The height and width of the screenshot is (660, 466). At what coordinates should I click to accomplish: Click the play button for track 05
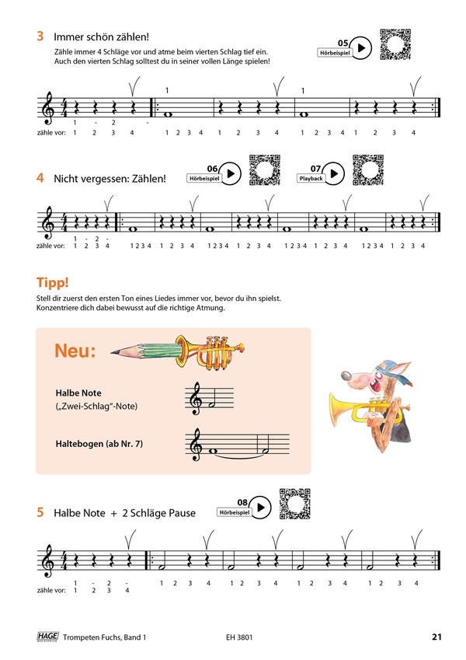(x=361, y=48)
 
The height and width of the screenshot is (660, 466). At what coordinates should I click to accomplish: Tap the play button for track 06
(x=231, y=173)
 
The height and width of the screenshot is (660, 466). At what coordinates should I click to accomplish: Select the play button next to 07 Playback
(x=334, y=173)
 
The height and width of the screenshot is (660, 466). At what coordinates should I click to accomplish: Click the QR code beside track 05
(x=395, y=44)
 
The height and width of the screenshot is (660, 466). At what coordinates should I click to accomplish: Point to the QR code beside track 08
(x=295, y=504)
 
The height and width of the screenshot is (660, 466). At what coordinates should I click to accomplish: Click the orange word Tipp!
(x=53, y=282)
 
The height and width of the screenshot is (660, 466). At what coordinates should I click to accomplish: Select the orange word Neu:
(x=75, y=351)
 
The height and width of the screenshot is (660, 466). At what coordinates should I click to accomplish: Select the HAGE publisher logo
(x=47, y=637)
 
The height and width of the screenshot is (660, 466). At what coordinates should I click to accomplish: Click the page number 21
(x=437, y=637)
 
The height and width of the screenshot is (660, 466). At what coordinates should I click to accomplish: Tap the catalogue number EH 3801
(x=239, y=637)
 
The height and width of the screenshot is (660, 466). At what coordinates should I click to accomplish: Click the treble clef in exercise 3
(x=49, y=108)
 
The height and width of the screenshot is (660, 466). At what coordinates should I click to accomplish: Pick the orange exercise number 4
(x=40, y=178)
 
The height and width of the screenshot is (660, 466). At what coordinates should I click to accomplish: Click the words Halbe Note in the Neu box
(x=78, y=393)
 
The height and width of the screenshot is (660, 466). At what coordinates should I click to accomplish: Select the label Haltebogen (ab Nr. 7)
(x=99, y=444)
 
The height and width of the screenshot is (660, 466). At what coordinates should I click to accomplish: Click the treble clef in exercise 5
(x=49, y=560)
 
